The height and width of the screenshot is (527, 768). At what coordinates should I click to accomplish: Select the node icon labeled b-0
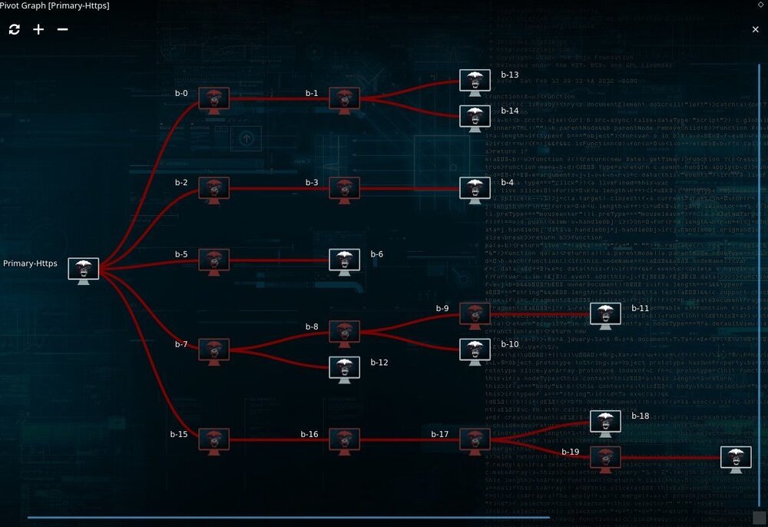[x=214, y=99]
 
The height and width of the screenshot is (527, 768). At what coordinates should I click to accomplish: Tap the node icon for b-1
[x=344, y=99]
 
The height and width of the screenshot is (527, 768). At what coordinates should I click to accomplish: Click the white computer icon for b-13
[x=475, y=81]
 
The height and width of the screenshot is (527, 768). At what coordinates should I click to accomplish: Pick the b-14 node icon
[x=475, y=117]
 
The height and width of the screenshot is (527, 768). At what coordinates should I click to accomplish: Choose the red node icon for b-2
[x=214, y=188]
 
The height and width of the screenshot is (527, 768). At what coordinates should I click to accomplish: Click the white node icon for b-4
[x=475, y=188]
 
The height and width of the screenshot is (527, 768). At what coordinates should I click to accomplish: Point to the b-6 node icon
[x=344, y=260]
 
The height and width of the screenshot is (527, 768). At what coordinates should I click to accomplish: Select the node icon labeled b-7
[x=214, y=350]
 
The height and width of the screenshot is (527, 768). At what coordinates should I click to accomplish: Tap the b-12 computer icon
[x=344, y=368]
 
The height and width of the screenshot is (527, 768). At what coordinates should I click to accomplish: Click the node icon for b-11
[x=605, y=314]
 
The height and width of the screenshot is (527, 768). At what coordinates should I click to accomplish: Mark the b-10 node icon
[x=475, y=350]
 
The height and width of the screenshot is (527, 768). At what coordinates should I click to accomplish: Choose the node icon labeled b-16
[x=344, y=440]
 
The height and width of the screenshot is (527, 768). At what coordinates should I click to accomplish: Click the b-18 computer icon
[x=605, y=422]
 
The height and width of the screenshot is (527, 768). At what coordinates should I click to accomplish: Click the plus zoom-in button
[x=38, y=29]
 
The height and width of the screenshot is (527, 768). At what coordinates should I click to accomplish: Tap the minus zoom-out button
[x=62, y=29]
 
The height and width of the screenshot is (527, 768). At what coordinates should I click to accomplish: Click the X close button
[x=755, y=29]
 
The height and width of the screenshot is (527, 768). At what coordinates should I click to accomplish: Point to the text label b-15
[x=178, y=434]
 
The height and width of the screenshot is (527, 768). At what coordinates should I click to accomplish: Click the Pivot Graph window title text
[x=55, y=6]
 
